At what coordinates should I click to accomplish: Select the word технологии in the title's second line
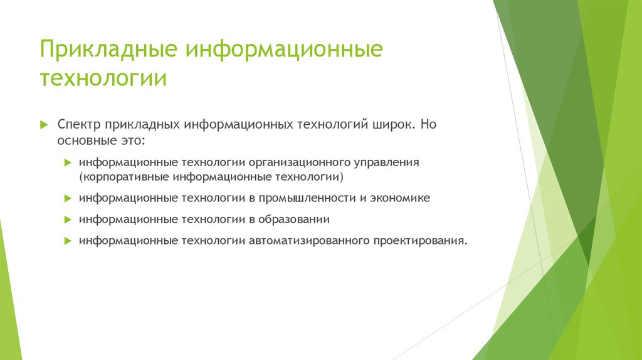(103, 80)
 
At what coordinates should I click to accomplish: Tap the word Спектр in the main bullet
(80, 124)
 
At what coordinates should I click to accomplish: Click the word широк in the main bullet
(392, 124)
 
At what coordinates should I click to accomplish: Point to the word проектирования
(421, 241)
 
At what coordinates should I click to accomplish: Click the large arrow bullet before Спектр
(44, 124)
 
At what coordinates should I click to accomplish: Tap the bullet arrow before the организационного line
(68, 162)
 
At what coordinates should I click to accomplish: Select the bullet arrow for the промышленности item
(68, 198)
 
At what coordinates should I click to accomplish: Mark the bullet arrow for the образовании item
(68, 220)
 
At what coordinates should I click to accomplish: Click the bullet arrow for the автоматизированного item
(68, 241)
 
